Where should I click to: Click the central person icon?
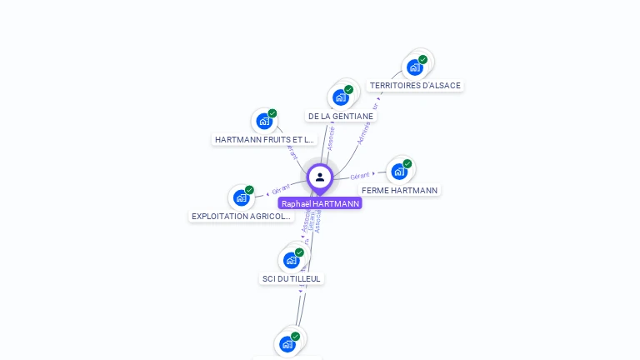point(320,177)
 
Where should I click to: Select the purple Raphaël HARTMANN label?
point(320,203)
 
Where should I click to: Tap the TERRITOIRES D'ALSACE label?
point(415,85)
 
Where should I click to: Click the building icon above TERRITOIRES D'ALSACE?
point(414,67)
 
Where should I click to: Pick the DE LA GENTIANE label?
point(340,116)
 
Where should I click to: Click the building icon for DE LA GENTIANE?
point(340,97)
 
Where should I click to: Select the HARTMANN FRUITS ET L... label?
point(264,139)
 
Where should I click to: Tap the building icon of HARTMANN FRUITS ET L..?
point(264,121)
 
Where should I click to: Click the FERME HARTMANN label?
point(399,190)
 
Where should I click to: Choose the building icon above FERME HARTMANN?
point(399,172)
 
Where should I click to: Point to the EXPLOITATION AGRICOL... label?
point(242,216)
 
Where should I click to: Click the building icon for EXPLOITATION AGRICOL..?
point(241,197)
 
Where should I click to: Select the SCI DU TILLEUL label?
point(291,278)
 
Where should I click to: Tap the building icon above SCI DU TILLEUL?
point(291,260)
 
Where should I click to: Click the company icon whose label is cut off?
point(287,343)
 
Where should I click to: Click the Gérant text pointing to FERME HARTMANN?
point(360,176)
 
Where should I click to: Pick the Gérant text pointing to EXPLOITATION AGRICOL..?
point(280,189)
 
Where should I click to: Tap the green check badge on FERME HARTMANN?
point(407,164)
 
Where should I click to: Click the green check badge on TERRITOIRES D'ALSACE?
point(422,60)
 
